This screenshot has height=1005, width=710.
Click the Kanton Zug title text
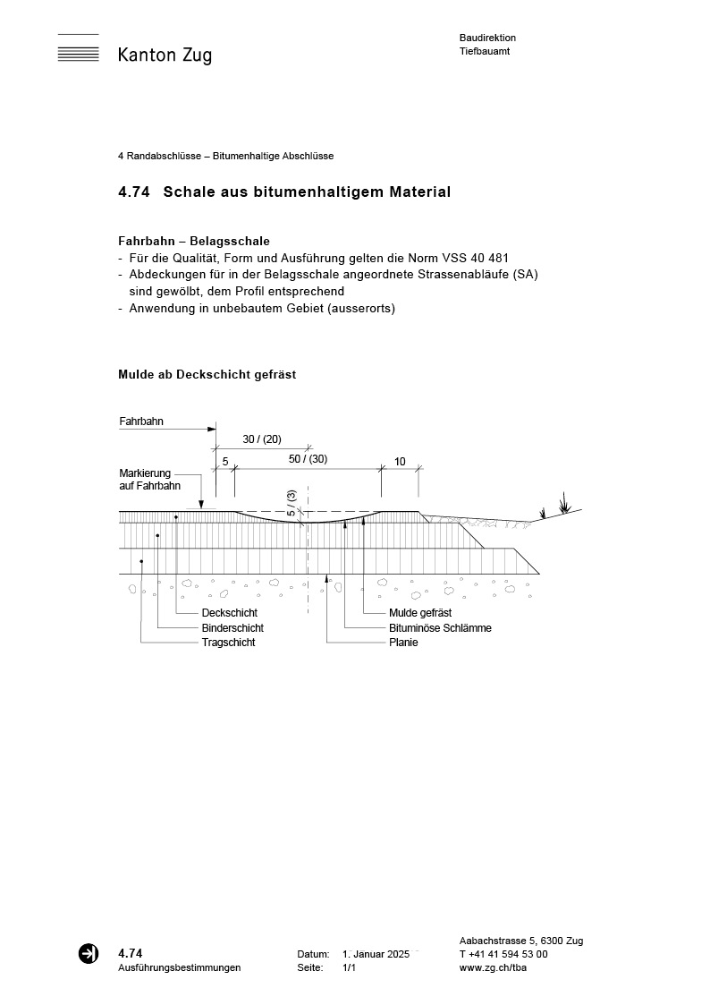coord(165,55)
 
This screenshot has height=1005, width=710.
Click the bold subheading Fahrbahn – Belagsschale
coord(194,242)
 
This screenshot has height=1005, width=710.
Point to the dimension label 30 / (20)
coord(262,439)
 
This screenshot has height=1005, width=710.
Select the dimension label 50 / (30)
coord(308,459)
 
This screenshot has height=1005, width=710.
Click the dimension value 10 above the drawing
coord(400,462)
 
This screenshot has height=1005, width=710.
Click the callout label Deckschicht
coord(230,613)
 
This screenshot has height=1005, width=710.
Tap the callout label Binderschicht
coord(232,628)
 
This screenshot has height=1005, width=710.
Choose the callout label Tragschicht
coord(228,643)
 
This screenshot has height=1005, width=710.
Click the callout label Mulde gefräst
coord(420,613)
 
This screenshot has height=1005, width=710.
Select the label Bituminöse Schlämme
coord(440,628)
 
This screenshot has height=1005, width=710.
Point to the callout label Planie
coord(403,643)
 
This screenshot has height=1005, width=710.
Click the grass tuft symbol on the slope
coord(564,506)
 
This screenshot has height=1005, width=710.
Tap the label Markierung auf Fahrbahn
coord(149,480)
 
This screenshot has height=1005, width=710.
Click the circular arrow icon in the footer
coord(89,954)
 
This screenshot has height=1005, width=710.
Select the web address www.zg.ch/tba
coord(493,967)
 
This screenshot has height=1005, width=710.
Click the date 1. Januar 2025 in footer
coord(376,954)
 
